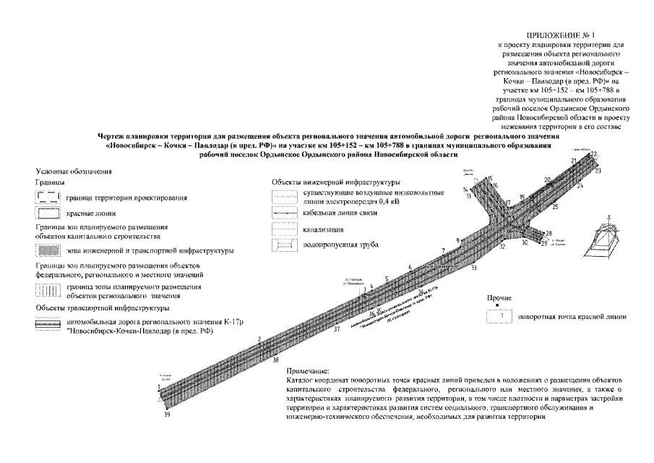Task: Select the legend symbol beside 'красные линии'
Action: click(x=46, y=214)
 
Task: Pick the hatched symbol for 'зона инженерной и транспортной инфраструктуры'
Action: click(x=46, y=250)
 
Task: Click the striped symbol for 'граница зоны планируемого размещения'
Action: click(x=46, y=291)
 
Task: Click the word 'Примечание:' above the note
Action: click(x=307, y=370)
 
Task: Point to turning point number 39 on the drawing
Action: click(x=167, y=414)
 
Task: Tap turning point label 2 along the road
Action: click(x=258, y=339)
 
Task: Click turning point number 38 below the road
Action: click(x=275, y=359)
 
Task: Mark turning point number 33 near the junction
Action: click(x=474, y=268)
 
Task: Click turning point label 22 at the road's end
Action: click(x=594, y=154)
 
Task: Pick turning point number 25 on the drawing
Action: click(x=555, y=207)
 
